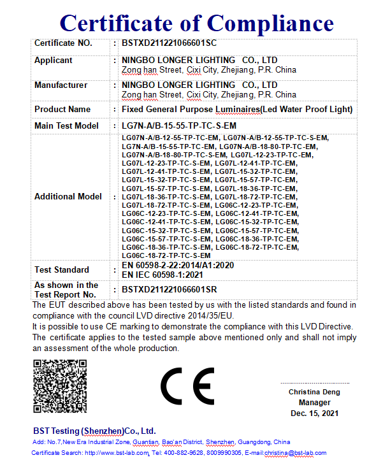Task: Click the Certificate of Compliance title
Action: (x=196, y=23)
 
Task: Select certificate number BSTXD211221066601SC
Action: (x=169, y=44)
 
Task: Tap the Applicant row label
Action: (x=54, y=61)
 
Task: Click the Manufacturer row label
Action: (x=61, y=85)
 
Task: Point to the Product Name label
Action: (x=62, y=110)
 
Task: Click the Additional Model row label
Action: (x=68, y=197)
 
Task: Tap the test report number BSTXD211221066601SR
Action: (x=170, y=290)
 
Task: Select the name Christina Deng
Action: (x=314, y=392)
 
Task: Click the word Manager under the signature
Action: (x=314, y=403)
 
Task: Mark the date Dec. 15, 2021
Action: (x=314, y=413)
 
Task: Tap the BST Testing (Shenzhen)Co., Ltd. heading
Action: (x=94, y=431)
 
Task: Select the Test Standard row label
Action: (x=62, y=270)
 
